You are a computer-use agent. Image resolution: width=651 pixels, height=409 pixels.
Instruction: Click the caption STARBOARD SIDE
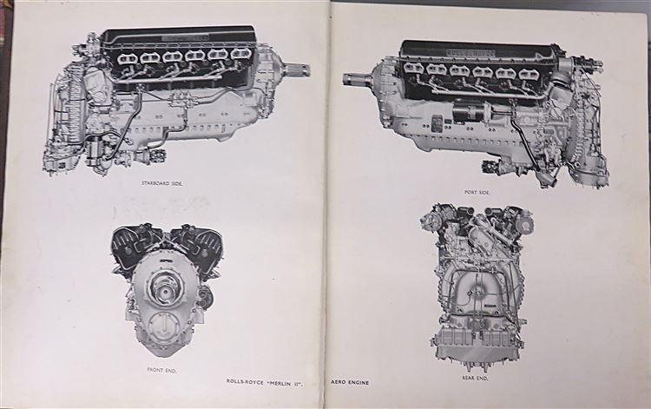pos(162,183)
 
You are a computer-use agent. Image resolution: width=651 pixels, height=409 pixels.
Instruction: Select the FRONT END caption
pos(161,370)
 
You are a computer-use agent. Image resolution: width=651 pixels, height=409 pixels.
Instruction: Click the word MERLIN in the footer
pos(283,381)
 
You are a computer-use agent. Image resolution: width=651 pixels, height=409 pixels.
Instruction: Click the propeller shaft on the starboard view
pos(297,68)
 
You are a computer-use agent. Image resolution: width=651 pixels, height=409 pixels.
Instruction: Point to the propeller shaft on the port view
pos(358,79)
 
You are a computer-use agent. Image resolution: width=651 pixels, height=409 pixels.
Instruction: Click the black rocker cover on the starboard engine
pos(180,38)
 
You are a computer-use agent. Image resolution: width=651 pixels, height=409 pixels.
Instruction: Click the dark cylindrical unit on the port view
pos(471,112)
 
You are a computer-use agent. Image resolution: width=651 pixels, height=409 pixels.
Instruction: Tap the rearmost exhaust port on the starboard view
pos(127,57)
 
